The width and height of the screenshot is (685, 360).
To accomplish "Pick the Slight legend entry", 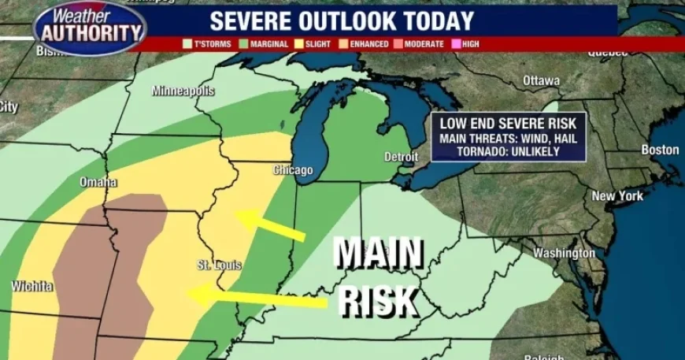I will (x=313, y=44).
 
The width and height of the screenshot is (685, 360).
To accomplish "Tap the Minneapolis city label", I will (x=183, y=91).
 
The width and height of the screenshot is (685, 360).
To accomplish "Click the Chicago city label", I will (x=293, y=170).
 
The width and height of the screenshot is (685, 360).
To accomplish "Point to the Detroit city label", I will (x=401, y=157).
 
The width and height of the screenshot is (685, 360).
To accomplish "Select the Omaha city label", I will (x=98, y=182).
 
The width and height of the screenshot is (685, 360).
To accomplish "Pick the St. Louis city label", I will (x=218, y=265).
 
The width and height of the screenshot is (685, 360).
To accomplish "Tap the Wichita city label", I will (x=32, y=286).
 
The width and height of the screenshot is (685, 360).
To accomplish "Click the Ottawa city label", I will (x=541, y=80).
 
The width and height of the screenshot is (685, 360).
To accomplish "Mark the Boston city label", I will (x=660, y=150).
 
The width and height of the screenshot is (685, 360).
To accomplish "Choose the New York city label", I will (x=618, y=195).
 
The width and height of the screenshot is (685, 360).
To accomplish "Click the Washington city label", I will (x=564, y=253).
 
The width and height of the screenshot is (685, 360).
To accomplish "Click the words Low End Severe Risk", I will (x=508, y=124).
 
